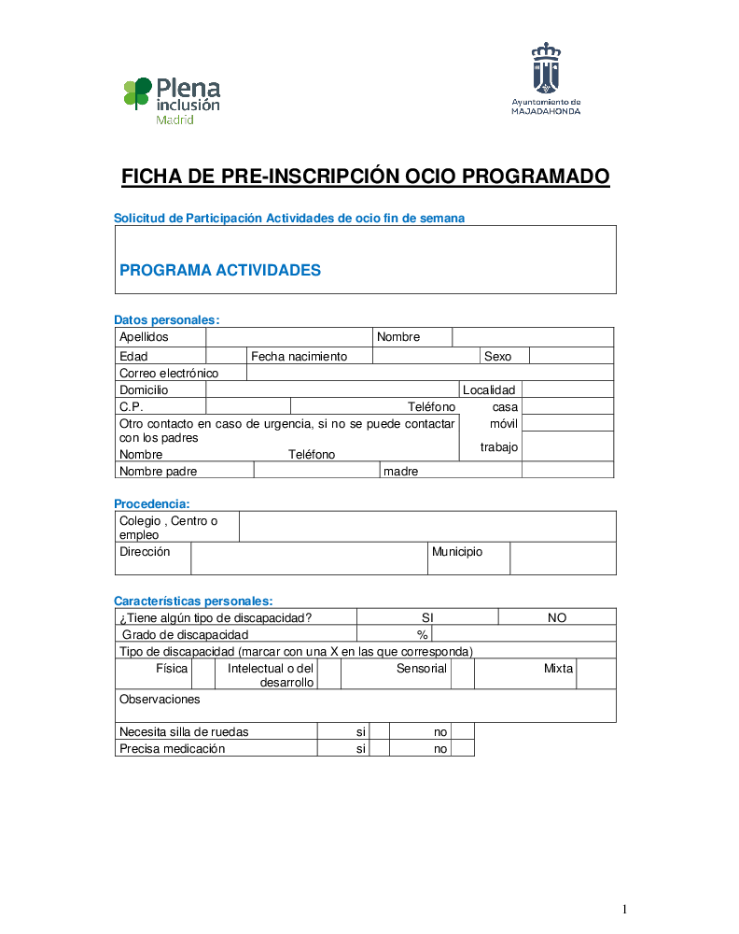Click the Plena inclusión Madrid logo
[172, 101]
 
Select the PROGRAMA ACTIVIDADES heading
[220, 271]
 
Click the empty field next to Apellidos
[289, 337]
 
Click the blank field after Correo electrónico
[429, 373]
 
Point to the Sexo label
[498, 356]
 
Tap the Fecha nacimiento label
[299, 356]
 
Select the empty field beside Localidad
[567, 389]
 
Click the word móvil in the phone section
[504, 424]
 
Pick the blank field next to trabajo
[567, 446]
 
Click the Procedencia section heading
[152, 503]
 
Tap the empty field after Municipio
[563, 558]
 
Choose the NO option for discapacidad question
[557, 617]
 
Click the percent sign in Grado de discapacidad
[422, 634]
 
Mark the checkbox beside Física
[202, 673]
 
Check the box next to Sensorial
[463, 673]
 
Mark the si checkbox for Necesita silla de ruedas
[379, 731]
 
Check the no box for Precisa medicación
[463, 748]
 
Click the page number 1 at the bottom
[625, 909]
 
